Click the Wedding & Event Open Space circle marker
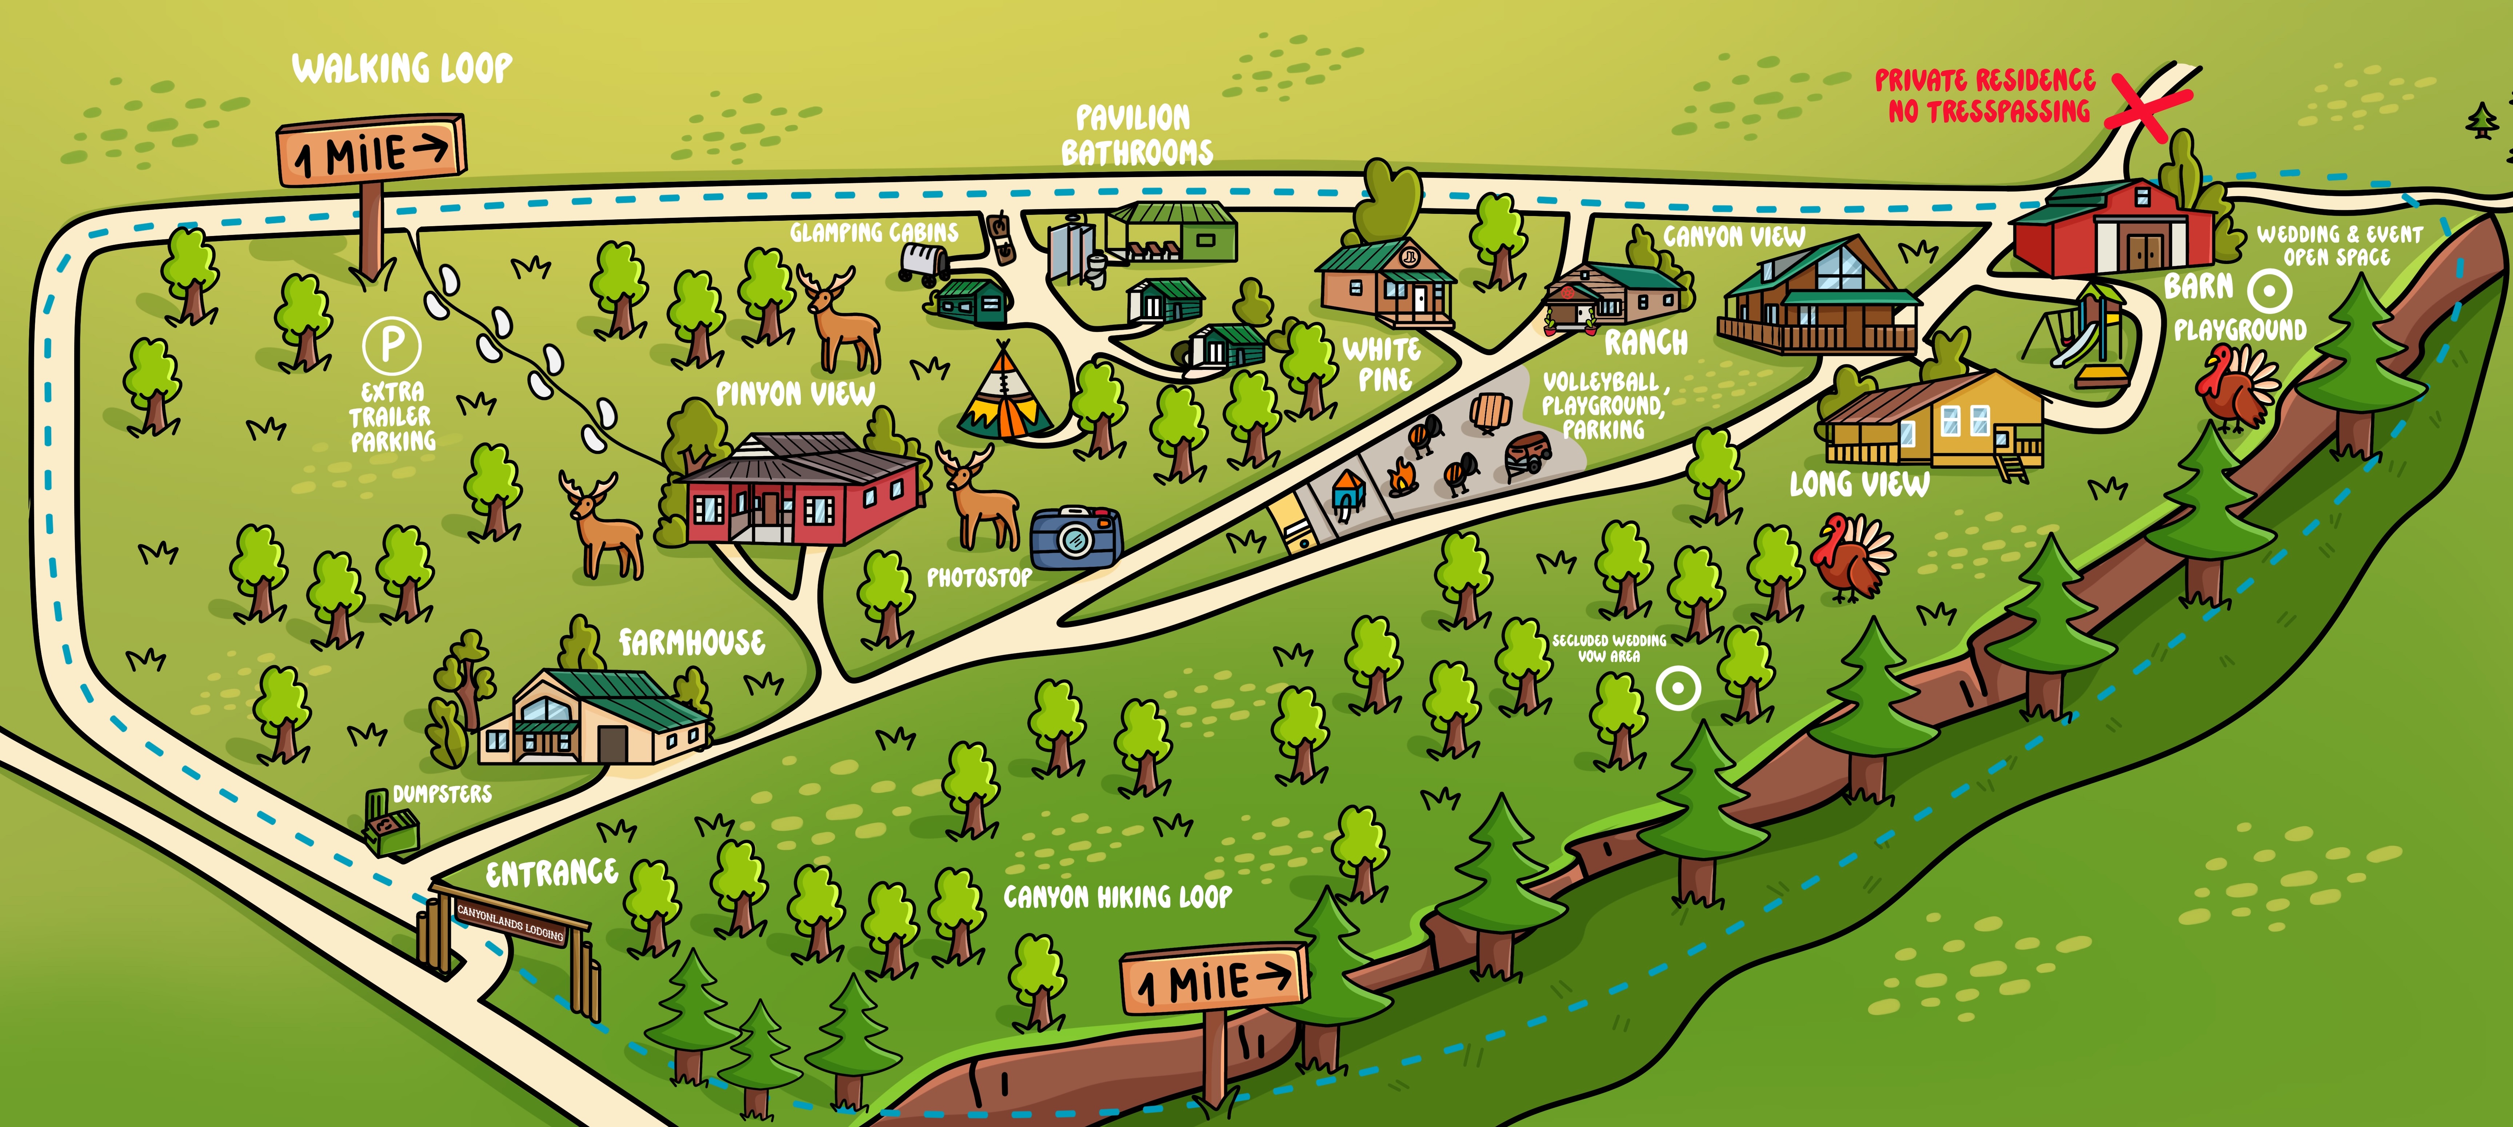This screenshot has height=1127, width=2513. pos(2270,290)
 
